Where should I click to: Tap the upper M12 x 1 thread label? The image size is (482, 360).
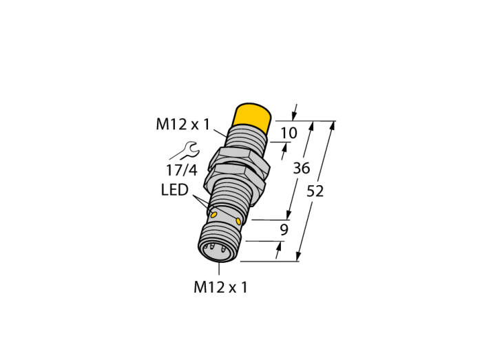pos(182,125)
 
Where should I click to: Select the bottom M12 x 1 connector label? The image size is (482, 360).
pos(220,287)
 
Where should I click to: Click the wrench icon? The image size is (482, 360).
pos(186,151)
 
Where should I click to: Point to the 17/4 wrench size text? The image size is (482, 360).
pos(182,170)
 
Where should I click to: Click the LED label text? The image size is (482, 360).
pos(174,190)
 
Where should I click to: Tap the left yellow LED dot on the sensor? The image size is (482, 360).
pos(215,214)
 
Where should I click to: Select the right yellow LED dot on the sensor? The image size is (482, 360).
pos(238,221)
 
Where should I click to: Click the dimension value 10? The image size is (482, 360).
pos(289,133)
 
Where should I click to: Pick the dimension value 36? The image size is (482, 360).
pos(302,169)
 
